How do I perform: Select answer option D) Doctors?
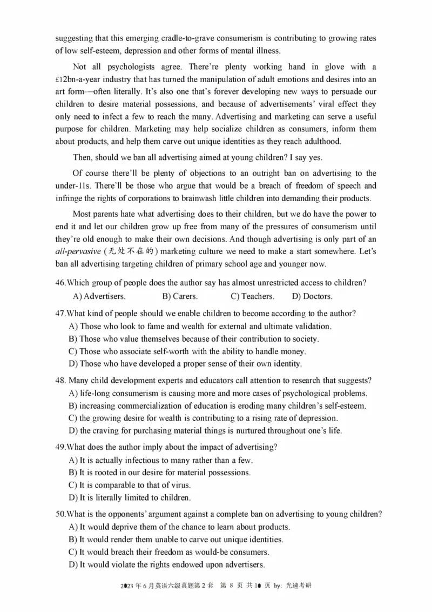tap(312, 296)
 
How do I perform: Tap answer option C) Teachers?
tap(252, 296)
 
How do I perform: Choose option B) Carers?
tap(180, 296)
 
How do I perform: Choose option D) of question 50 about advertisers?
tap(166, 565)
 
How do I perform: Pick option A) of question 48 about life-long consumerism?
tap(218, 393)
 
